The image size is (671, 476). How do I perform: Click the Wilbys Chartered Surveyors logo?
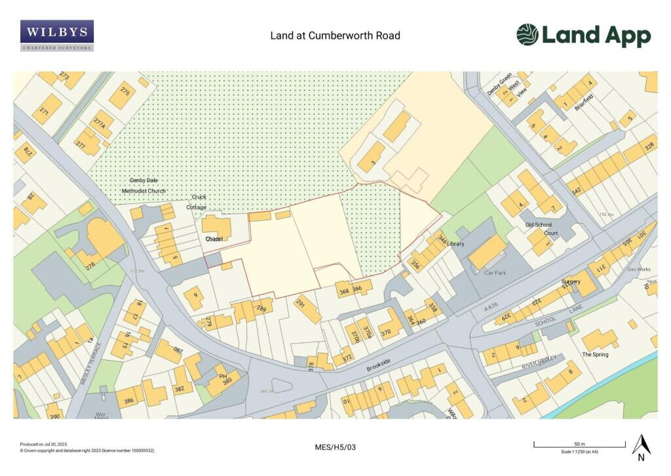(x=56, y=35)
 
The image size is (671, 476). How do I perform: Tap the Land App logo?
(x=583, y=35)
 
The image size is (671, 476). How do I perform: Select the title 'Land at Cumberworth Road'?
(x=335, y=35)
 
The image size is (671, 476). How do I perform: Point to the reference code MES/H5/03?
(x=335, y=447)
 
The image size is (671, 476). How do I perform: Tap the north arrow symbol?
(x=641, y=445)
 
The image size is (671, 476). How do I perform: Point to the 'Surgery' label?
(x=571, y=282)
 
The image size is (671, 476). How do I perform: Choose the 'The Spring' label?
(x=595, y=354)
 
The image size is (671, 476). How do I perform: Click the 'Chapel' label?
(x=214, y=239)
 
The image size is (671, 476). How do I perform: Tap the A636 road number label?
(x=491, y=307)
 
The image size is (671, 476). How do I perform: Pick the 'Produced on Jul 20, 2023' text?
(x=44, y=444)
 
